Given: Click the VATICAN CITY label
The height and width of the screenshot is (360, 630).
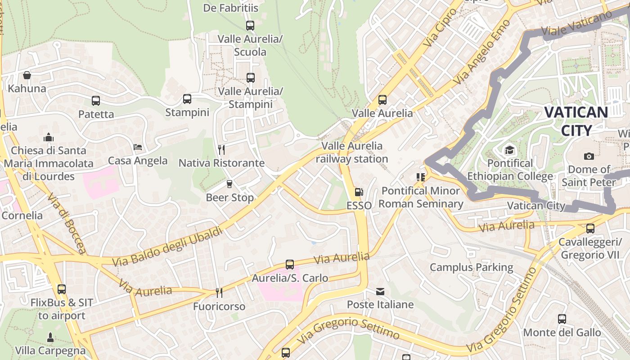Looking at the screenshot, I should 576,121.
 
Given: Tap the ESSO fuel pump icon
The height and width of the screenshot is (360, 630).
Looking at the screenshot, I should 359,192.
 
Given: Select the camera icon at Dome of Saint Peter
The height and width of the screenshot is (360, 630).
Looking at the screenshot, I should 589,156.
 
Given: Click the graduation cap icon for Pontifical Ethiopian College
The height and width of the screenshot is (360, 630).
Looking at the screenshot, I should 509,150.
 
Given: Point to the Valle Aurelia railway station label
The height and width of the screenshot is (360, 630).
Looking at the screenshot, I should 352,153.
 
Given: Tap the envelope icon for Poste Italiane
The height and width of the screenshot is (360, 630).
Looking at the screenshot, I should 380,292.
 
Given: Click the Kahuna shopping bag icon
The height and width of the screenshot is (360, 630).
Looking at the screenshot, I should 27,75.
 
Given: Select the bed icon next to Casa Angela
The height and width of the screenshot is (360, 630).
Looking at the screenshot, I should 138,147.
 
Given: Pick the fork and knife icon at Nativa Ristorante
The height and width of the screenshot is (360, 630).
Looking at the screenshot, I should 221,149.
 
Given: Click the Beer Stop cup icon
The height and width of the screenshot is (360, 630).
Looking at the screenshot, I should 229,184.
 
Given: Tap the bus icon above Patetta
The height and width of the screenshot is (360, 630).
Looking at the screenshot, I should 96,101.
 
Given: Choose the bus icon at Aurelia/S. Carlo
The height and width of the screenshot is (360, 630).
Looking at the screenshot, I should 290,265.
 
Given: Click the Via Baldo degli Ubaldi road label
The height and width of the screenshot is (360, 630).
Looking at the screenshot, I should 167,247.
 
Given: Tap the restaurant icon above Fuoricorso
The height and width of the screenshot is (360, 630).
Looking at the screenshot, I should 219,293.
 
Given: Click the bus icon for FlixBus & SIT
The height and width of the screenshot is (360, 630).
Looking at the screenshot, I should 62,289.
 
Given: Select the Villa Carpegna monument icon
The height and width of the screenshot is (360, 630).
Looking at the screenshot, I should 50,337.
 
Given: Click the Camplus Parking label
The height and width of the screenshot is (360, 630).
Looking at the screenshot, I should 471,267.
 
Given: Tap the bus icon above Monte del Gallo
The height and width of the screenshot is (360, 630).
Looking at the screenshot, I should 562,319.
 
